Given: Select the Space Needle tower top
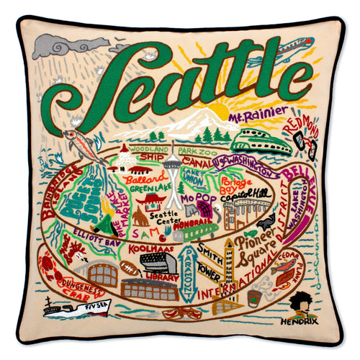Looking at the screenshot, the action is pos(173,164).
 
